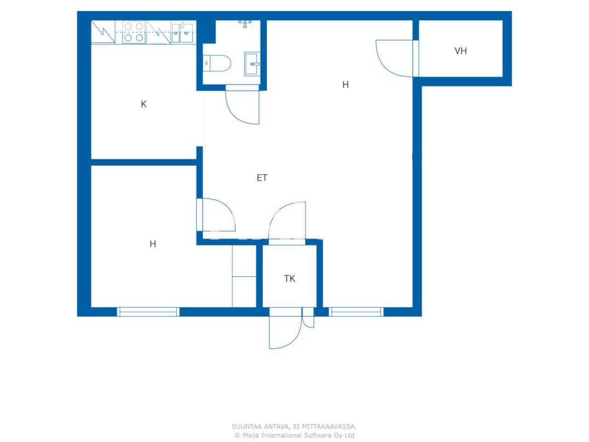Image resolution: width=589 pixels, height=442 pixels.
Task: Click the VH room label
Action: click(461, 51)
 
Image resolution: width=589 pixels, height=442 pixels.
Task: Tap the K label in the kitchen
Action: click(143, 104)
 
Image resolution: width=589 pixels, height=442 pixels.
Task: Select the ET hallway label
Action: click(262, 178)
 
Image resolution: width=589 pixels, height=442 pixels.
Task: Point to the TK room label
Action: click(289, 279)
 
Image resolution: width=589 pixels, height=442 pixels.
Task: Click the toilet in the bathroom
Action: click(216, 64)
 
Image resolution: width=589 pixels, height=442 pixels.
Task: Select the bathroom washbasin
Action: click(252, 64)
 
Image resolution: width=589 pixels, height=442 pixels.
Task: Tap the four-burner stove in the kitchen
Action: click(133, 32)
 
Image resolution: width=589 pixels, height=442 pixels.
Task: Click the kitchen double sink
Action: click(182, 33)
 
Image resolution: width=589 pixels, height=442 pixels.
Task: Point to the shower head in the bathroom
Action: click(244, 24)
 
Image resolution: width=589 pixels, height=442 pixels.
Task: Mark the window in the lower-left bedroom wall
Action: click(148, 312)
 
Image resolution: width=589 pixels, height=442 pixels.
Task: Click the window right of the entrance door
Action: click(356, 312)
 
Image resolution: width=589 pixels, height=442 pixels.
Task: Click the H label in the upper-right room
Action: click(346, 85)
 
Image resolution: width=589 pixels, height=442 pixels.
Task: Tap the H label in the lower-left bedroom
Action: click(152, 244)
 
